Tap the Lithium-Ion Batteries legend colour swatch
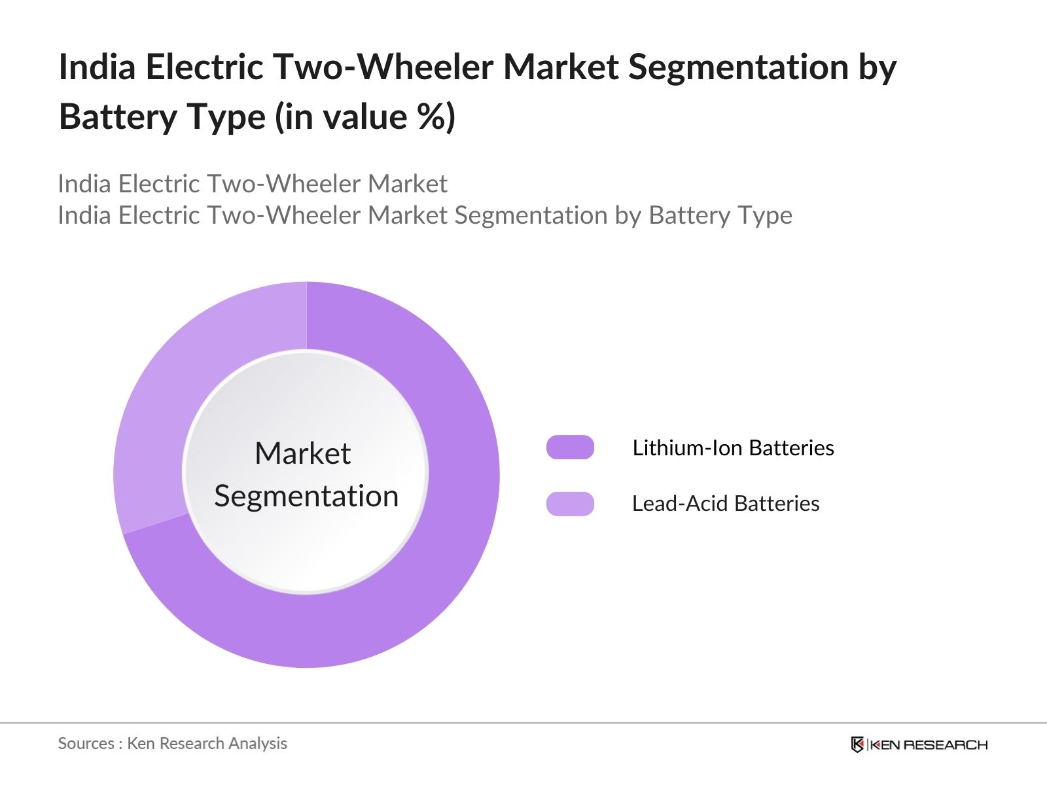coord(570,447)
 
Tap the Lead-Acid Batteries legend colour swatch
coord(570,504)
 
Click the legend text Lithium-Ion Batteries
coord(733,448)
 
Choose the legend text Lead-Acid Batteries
coord(725,504)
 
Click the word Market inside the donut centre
coord(302,453)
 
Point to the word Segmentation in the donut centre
coord(306,496)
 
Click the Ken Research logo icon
coord(857,744)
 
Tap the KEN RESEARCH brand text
coord(928,744)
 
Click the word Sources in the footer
coord(86,744)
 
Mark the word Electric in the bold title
coord(204,67)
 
